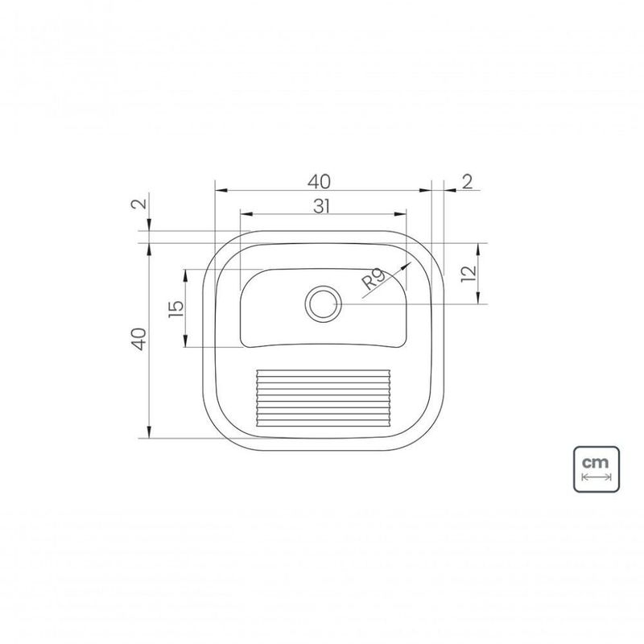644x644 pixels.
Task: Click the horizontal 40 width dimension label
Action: [319, 182]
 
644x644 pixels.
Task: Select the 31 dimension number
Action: [321, 206]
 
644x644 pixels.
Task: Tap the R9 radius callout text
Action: [374, 279]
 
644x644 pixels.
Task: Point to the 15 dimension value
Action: [176, 309]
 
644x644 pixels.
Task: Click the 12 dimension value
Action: [469, 274]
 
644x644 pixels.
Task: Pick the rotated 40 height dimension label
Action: [139, 339]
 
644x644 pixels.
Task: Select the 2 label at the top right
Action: [468, 182]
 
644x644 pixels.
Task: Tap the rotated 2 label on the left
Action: [139, 204]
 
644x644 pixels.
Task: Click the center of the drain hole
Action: [323, 304]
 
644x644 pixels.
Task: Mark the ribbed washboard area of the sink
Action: [323, 398]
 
